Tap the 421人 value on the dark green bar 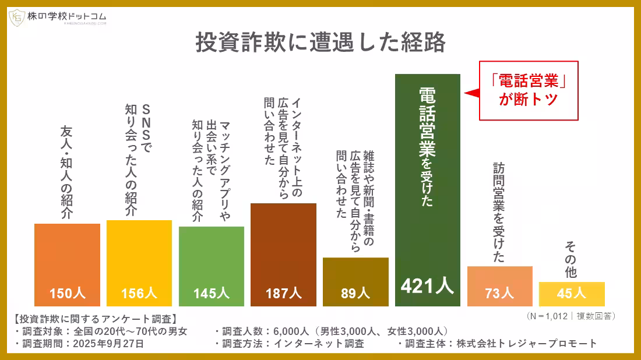coord(427,285)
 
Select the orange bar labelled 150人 coord(67,265)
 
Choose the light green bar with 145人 coord(211,266)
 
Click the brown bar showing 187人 coord(283,255)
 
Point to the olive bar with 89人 coord(355,282)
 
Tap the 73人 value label coord(499,293)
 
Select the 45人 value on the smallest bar coord(571,293)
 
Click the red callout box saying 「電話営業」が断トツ coord(529,90)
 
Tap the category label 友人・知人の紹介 coord(67,172)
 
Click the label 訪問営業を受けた coord(499,212)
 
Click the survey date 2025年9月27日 coord(108,344)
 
